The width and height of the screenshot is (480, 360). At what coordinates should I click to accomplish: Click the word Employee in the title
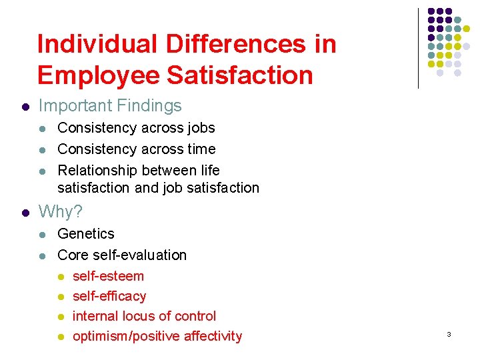point(99,75)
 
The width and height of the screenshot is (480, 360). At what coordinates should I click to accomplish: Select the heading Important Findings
point(110,105)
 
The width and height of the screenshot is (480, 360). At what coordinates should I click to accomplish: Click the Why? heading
point(61,212)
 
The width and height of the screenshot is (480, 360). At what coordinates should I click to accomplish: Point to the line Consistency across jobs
point(136,127)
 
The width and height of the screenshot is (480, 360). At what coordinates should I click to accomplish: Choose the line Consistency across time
point(137,149)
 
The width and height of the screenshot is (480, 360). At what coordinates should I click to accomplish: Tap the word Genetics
point(86,233)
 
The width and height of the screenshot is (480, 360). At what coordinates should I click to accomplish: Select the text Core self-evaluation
point(122,255)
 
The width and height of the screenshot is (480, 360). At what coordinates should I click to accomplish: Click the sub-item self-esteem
point(108,275)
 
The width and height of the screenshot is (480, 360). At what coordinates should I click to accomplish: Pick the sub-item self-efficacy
point(109,295)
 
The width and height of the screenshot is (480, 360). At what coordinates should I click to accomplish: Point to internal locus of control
point(144,315)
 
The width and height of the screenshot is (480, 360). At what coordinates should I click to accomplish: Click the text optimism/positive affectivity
point(157,336)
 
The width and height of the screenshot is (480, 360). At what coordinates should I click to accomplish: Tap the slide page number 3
point(449,333)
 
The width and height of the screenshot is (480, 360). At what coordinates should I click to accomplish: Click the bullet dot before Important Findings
point(25,106)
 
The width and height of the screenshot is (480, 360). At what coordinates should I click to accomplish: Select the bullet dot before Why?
point(25,213)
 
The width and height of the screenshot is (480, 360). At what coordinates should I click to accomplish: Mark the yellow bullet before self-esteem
point(60,276)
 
